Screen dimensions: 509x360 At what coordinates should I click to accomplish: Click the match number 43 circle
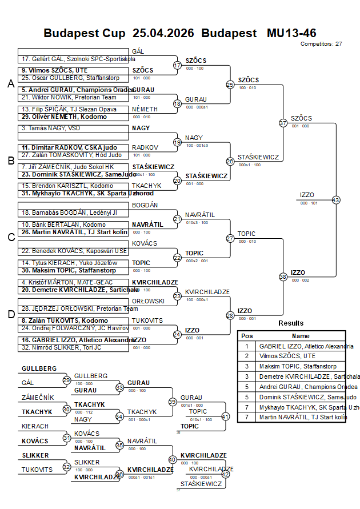coord(335,200)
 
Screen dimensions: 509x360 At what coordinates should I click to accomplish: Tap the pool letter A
coord(10,84)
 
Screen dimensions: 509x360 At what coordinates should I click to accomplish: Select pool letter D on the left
coord(10,314)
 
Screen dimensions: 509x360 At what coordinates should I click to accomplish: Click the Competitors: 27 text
coord(321,43)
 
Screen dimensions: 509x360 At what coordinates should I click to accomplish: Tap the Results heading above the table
coord(291,323)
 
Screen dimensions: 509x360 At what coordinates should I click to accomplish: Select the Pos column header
coord(247,336)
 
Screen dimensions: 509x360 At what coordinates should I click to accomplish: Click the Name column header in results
coord(301,336)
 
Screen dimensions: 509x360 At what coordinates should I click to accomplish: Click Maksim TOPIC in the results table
coord(298,366)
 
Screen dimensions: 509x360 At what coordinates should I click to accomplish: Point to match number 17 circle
coord(177,65)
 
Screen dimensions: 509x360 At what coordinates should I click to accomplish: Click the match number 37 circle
coord(283,123)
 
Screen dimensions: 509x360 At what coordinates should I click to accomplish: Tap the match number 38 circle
coord(283,276)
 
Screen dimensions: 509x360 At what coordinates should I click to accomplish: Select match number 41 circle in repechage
coord(225,416)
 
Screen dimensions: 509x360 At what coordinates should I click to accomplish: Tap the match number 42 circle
coord(225,474)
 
